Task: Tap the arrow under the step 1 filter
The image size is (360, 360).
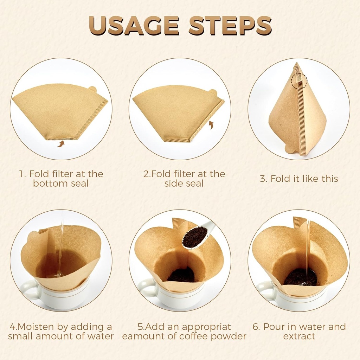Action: (x=61, y=143)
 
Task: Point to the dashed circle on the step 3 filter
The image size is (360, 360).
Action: (x=299, y=81)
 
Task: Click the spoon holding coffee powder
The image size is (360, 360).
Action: (x=197, y=236)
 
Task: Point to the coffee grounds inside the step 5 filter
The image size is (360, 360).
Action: (x=181, y=275)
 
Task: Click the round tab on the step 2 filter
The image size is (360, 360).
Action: (x=213, y=92)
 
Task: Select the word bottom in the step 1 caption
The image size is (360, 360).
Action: (x=48, y=184)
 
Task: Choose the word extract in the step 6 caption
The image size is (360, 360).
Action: (x=299, y=336)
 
